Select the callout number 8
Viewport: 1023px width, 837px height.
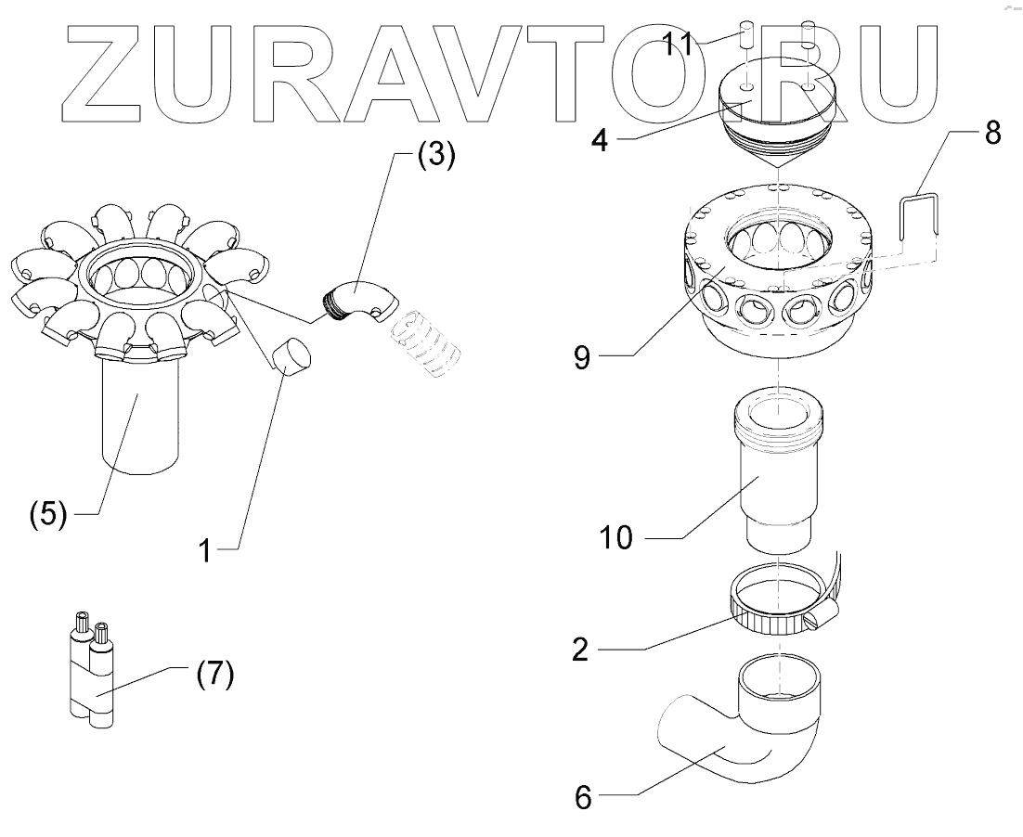pyautogui.click(x=991, y=133)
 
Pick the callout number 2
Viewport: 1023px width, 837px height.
pyautogui.click(x=579, y=650)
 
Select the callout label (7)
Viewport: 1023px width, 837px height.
pyautogui.click(x=214, y=676)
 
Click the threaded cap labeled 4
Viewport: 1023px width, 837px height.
pyautogui.click(x=778, y=109)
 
